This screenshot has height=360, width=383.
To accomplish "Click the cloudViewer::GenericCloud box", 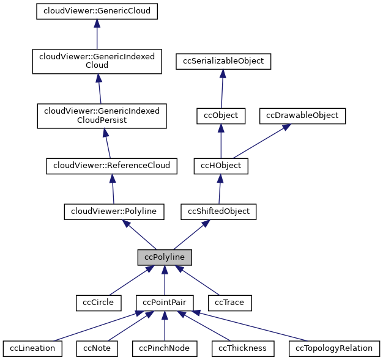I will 97,10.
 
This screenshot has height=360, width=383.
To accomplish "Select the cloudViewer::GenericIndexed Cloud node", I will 97,61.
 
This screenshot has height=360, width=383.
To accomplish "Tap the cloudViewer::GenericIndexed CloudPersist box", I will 102,116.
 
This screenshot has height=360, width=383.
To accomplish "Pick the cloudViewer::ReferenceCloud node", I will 112,165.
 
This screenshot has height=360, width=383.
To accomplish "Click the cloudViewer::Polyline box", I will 114,211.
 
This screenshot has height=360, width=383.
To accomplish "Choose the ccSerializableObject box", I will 223,61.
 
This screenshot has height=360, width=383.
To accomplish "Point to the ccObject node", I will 221,115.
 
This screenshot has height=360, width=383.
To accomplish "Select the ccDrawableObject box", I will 303,115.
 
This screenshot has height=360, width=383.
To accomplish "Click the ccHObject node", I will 221,165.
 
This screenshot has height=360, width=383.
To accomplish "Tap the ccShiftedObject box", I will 218,211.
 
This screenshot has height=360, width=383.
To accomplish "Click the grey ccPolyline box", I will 165,257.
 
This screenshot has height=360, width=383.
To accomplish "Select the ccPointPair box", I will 165,302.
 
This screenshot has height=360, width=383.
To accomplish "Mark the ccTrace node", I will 230,302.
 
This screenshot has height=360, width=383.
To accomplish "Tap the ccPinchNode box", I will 164,348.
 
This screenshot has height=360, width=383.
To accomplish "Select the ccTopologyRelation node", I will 334,348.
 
